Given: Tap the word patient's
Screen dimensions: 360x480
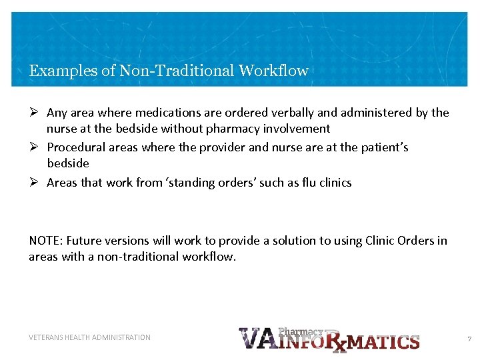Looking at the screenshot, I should [379, 147].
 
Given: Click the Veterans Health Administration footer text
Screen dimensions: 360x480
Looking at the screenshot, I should [90, 337].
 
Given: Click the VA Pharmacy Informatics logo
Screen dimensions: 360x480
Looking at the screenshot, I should [329, 339].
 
